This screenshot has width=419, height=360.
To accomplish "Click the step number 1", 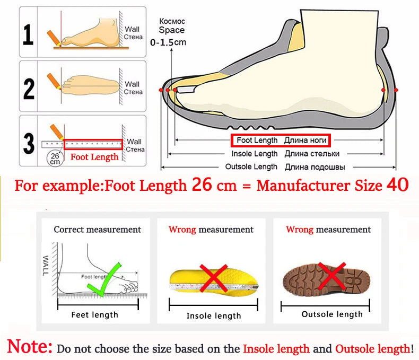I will (29, 35).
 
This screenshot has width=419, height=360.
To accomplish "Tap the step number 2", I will (29, 87).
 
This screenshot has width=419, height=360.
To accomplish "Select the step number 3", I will (29, 142).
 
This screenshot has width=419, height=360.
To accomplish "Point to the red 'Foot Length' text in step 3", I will (94, 157).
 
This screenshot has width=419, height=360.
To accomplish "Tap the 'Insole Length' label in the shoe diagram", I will (255, 154).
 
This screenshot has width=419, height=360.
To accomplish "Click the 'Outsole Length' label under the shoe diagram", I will (251, 167).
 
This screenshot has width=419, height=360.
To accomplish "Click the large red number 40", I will (397, 185).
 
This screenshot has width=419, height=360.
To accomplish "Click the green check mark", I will (106, 280).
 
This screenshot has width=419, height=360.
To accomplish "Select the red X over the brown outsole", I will (333, 276).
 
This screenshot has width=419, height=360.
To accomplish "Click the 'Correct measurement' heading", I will (98, 230).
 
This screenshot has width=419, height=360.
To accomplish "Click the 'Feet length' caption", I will (95, 315).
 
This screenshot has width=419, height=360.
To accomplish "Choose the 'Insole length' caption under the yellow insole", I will (214, 316).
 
